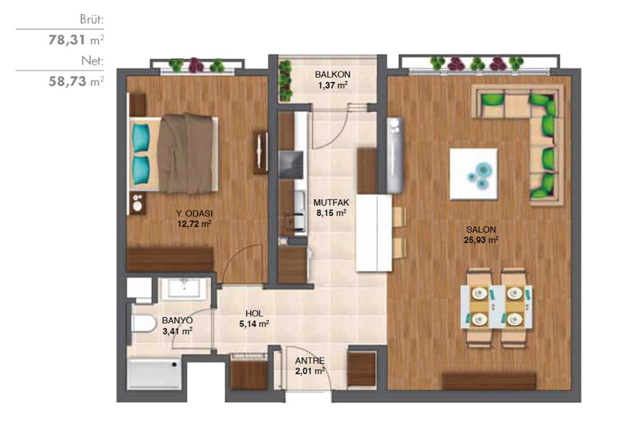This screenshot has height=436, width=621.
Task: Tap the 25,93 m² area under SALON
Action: [x=480, y=240]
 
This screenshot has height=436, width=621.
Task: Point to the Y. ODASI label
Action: [x=194, y=213]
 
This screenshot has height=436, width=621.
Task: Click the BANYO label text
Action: [x=177, y=320]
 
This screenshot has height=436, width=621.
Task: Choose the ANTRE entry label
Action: [x=310, y=361]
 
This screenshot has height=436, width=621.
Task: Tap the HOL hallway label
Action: [x=254, y=313]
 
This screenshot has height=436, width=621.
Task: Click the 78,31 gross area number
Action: [x=68, y=40]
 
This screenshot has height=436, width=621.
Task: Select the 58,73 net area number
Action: [x=68, y=82]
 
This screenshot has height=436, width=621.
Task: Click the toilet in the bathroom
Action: [x=144, y=323]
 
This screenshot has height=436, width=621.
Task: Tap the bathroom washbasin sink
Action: [x=184, y=288]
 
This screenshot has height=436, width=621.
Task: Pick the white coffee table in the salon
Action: [x=474, y=173]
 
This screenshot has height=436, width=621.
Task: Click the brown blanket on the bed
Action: [x=186, y=153]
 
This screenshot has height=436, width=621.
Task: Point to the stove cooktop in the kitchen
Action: [x=291, y=165]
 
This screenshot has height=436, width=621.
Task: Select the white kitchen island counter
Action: [x=374, y=232]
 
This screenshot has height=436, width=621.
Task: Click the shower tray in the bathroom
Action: [x=154, y=375]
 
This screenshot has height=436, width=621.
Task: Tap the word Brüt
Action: [x=92, y=19]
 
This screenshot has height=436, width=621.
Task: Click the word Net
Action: [x=92, y=61]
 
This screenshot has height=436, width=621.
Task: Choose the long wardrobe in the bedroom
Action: [x=170, y=260]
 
